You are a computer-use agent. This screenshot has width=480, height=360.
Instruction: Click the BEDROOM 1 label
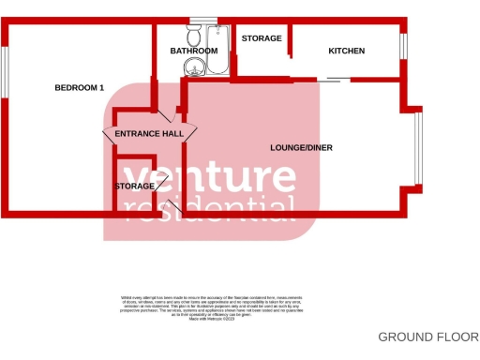coord(79,88)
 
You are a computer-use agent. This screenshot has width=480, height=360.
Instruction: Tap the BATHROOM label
coord(194,51)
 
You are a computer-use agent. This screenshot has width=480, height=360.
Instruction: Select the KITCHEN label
coord(346,51)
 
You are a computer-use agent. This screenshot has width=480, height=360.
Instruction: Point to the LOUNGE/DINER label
coord(301,148)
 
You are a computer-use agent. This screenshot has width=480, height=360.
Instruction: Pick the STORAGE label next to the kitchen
coord(262,38)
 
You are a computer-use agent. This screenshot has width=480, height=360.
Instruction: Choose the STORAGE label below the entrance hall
coord(135,187)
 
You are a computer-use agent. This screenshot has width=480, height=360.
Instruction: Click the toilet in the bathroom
coord(194,36)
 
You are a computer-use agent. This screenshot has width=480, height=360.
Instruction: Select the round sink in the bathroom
coord(193,66)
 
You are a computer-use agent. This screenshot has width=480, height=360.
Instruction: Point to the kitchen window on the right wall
coord(403,47)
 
